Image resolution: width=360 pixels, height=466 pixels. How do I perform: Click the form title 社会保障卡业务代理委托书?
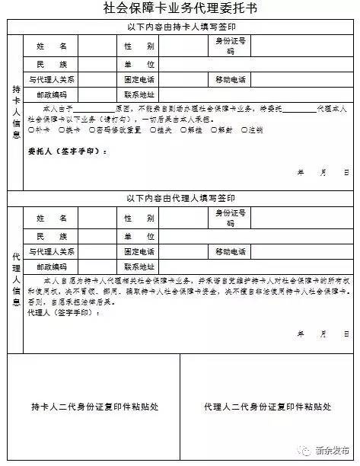[180, 9]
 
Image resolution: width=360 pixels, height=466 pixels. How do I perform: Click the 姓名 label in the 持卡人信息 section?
[51, 46]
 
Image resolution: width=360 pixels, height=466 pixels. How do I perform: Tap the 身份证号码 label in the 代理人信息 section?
[230, 219]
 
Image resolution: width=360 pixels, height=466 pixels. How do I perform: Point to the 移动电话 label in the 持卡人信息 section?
[230, 79]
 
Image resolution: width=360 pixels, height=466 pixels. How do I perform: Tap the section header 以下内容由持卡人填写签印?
[180, 27]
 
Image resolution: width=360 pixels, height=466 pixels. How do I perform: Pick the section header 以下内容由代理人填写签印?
[180, 199]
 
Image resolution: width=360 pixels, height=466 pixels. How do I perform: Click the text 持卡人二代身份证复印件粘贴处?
[93, 406]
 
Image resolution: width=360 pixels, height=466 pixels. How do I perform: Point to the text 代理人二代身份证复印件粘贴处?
[267, 406]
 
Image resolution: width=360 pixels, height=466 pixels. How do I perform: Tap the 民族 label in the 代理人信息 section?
[51, 235]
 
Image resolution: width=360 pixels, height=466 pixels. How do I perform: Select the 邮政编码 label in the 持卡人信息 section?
[51, 95]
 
